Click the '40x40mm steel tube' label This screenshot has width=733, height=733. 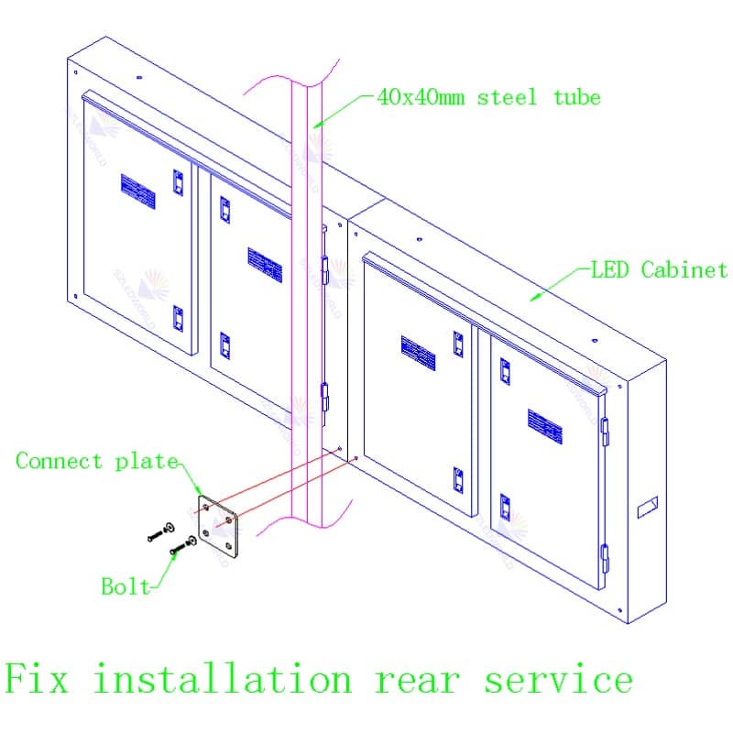[488, 97]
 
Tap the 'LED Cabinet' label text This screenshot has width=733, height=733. [659, 269]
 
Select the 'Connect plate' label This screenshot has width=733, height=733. [96, 461]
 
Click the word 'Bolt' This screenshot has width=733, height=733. [126, 586]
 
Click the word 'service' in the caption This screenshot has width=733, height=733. [558, 680]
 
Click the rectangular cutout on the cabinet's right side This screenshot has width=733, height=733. [648, 504]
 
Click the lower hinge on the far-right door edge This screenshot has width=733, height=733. [604, 554]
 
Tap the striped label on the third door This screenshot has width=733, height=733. [418, 353]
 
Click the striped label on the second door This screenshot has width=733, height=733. [264, 261]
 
